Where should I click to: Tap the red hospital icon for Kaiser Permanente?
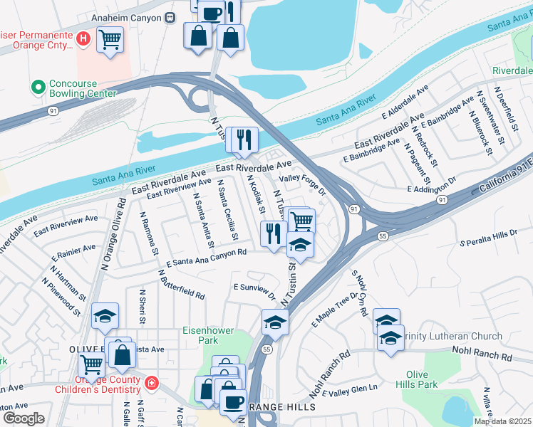pos(83,38)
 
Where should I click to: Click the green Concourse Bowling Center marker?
pos(38,88)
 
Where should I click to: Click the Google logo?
pos(24,418)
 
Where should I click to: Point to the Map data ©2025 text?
pos(502,421)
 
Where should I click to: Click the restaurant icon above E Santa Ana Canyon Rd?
pos(274,233)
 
